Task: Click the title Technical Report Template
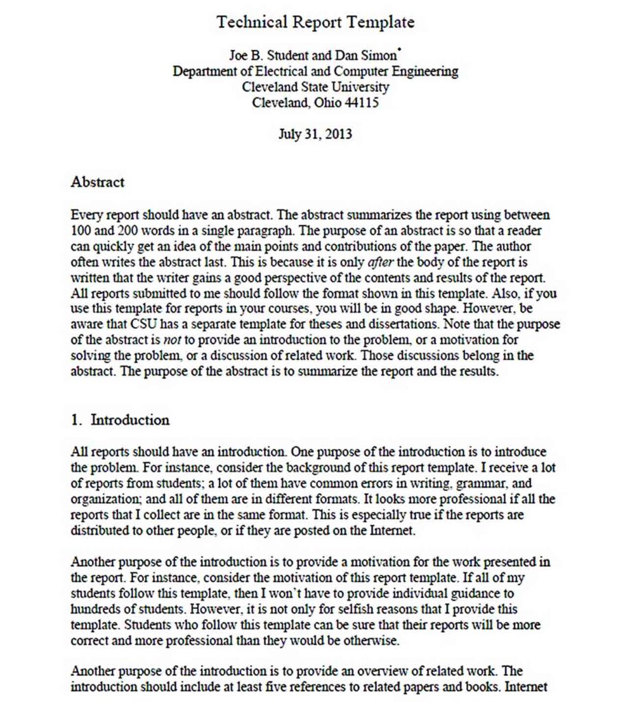pyautogui.click(x=315, y=22)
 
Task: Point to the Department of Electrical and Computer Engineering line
pyautogui.click(x=315, y=71)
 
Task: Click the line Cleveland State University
pyautogui.click(x=315, y=87)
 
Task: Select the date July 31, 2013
pyautogui.click(x=315, y=134)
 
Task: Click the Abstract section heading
pyautogui.click(x=97, y=182)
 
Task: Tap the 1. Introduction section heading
pyautogui.click(x=120, y=420)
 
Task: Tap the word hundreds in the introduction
pyautogui.click(x=95, y=609)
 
